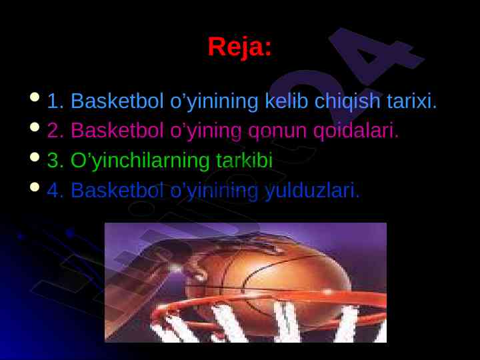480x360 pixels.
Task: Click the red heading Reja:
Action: (x=240, y=47)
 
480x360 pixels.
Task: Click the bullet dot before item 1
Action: (x=35, y=97)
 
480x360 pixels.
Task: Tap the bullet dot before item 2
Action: (x=35, y=127)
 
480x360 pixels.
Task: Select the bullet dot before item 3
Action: (x=35, y=157)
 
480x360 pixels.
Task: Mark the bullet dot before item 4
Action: (x=35, y=187)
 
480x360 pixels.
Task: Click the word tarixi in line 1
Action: (x=411, y=101)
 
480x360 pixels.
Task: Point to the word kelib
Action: (x=286, y=101)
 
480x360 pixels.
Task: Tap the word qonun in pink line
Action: (x=277, y=131)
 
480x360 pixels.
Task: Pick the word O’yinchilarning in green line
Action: (x=140, y=161)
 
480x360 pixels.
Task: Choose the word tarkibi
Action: (x=244, y=160)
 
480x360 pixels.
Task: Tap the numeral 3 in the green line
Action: (x=53, y=161)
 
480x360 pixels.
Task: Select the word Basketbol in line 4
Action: (x=117, y=190)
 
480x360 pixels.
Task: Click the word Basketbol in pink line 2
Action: (x=117, y=130)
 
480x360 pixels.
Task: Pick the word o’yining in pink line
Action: (x=206, y=131)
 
